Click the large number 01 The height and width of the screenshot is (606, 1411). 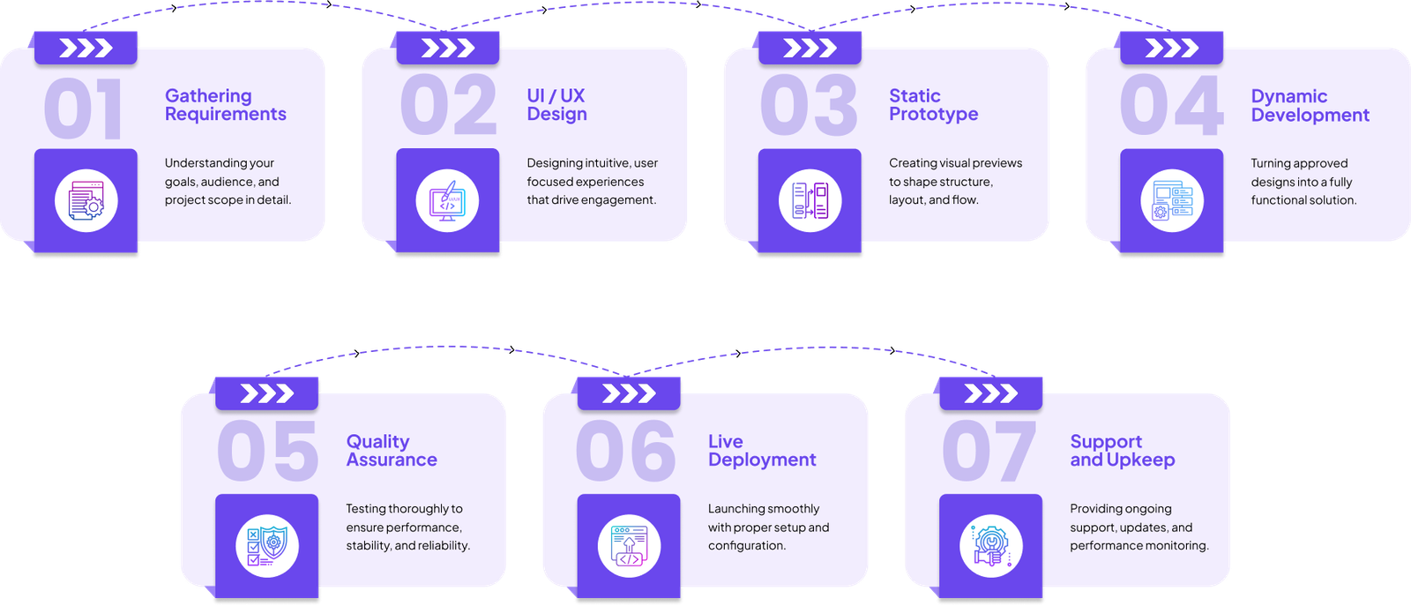83,108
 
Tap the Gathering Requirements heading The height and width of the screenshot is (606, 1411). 225,105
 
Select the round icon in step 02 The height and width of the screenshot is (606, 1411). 447,200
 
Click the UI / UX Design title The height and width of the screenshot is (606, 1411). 556,105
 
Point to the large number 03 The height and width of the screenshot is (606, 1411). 808,106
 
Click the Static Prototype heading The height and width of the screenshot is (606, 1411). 933,105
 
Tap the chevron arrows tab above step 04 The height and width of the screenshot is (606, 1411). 1171,48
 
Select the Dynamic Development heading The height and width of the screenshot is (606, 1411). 1310,106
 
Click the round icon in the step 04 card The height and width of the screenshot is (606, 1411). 1171,201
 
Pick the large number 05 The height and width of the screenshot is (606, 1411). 267,451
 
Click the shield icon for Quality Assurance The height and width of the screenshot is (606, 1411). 267,545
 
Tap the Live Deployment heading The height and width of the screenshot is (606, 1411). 762,451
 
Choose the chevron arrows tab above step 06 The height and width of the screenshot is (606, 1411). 629,393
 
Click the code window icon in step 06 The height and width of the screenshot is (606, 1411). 629,546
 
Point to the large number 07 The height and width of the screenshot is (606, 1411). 989,451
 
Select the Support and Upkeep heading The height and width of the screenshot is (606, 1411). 1122,451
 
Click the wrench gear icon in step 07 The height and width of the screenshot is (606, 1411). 990,546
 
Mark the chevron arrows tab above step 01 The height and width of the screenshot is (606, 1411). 86,48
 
